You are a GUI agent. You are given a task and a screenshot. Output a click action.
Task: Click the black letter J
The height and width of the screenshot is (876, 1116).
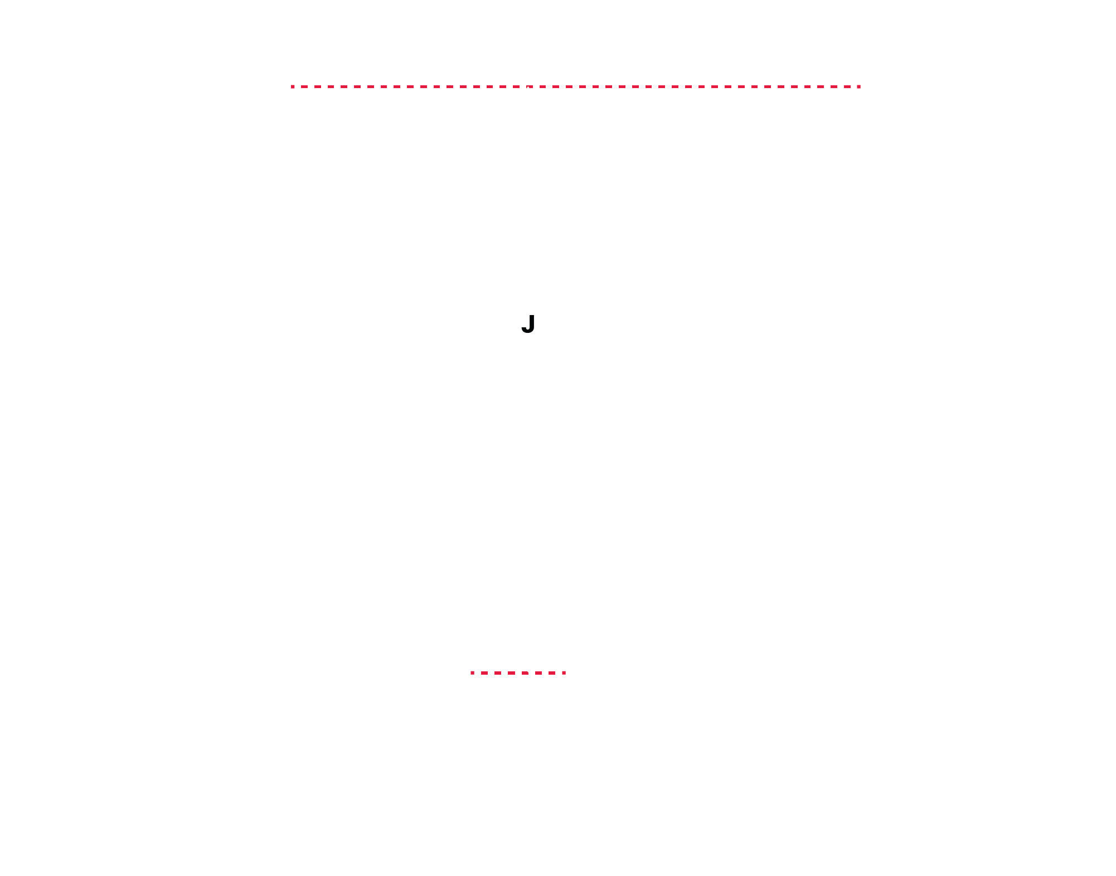(528, 324)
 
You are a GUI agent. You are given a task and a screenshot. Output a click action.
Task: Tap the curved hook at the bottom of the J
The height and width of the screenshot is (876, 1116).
(525, 331)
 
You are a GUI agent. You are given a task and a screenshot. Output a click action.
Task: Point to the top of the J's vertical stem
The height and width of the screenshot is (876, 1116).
(531, 316)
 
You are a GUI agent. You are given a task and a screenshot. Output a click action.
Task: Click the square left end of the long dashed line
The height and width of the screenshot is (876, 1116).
(293, 86)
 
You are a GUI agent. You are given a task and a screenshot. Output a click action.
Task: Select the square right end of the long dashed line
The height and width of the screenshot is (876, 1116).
(859, 86)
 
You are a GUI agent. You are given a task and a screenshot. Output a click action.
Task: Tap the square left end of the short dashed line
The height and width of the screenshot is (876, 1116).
(472, 672)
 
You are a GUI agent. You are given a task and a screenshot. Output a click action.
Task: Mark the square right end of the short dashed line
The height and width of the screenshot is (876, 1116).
(564, 672)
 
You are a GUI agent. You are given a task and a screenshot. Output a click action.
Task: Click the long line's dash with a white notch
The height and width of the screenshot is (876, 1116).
(530, 86)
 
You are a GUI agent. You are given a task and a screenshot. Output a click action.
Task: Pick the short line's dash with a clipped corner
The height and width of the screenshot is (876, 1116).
(525, 673)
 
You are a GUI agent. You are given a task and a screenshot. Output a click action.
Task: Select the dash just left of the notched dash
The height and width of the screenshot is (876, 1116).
(516, 86)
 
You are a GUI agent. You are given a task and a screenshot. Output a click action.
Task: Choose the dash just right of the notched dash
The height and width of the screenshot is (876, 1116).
(543, 86)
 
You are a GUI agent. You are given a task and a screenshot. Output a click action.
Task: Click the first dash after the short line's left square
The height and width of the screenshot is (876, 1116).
(484, 673)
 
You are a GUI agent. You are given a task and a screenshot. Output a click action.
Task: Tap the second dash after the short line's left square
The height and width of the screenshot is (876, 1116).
(498, 673)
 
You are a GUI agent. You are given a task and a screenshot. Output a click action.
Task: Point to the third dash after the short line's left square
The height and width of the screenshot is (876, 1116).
(511, 673)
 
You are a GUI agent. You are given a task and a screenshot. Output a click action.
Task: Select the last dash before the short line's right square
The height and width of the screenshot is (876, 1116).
(552, 673)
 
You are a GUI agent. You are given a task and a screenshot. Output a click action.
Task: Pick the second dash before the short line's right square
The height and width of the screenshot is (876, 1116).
(538, 673)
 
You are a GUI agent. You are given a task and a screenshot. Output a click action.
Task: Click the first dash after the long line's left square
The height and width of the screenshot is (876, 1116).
(304, 86)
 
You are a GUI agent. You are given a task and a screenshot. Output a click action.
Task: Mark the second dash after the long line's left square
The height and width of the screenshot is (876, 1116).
(318, 86)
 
